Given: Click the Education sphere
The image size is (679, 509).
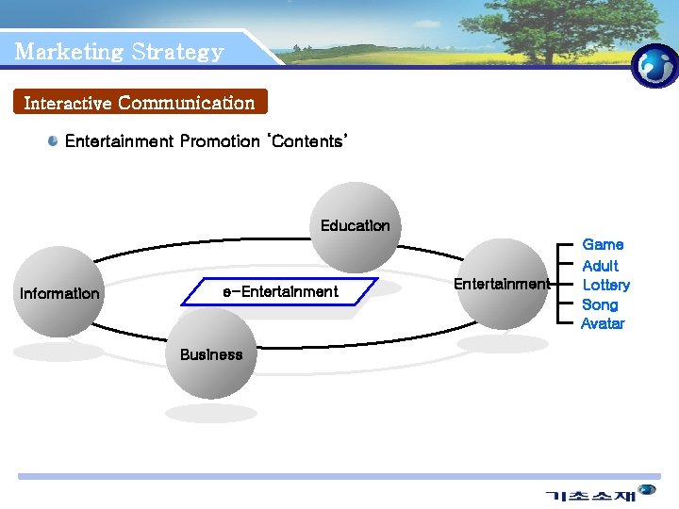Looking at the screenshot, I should pos(356,226).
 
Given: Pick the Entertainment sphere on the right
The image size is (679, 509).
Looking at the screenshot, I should pos(502,284).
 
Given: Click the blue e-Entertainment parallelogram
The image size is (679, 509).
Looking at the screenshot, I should pos(280,292).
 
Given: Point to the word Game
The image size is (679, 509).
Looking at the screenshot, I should pos(603,245).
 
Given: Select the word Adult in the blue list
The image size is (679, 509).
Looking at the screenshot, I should pos(601,266).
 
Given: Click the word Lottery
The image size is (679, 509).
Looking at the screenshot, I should pos(605,285).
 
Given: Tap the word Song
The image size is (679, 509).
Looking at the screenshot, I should pos(600,304).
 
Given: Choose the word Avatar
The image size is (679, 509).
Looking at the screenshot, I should pos(603,323).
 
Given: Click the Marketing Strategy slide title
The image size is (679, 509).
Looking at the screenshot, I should pos(120,52).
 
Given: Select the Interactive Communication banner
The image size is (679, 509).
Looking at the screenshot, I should pos(140,102).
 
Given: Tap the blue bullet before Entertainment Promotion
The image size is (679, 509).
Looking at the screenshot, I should pos(55,141).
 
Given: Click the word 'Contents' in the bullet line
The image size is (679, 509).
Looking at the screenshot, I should pos(307,141).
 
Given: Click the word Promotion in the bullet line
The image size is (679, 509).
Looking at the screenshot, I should pos(219,141).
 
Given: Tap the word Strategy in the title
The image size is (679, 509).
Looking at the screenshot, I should pos(178,52).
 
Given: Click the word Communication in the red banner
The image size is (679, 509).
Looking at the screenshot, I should pos(187,102).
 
